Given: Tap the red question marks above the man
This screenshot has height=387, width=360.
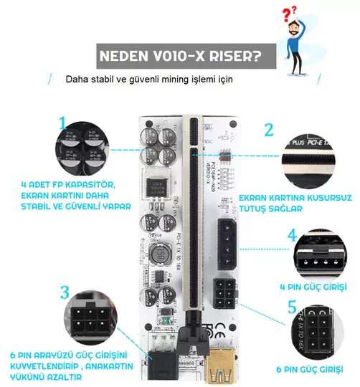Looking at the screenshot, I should (x=289, y=14).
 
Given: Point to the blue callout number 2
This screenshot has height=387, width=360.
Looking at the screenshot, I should (x=268, y=130).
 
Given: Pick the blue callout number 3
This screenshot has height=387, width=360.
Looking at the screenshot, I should (x=65, y=292).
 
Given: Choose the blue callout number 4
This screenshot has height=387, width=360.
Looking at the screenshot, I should (x=293, y=234).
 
